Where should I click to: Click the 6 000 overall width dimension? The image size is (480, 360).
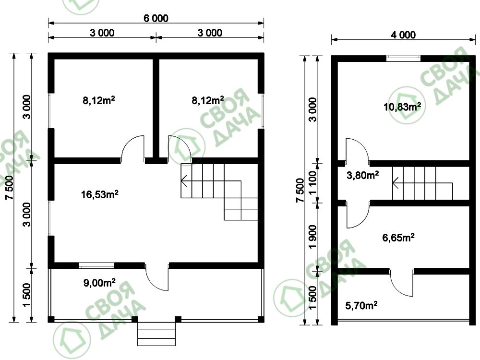click(156, 18)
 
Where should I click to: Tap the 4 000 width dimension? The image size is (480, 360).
click(403, 35)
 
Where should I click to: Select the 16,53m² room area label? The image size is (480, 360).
click(100, 194)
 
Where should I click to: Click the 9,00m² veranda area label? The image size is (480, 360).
click(99, 283)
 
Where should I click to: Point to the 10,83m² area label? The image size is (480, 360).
click(402, 107)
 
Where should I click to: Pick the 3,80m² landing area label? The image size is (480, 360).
click(363, 175)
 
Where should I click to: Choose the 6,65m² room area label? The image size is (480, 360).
click(398, 238)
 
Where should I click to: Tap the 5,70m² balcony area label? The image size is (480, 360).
click(361, 305)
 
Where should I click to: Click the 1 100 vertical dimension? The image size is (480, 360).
click(312, 183)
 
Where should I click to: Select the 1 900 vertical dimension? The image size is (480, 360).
click(312, 237)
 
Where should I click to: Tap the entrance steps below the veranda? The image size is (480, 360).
click(156, 334)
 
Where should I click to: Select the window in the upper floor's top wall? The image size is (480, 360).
click(404, 59)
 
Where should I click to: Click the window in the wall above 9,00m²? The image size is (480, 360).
click(96, 265)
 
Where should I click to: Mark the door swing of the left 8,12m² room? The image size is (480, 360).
click(133, 148)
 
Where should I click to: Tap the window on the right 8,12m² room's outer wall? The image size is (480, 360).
click(261, 110)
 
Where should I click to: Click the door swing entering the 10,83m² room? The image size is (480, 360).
click(357, 150)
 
